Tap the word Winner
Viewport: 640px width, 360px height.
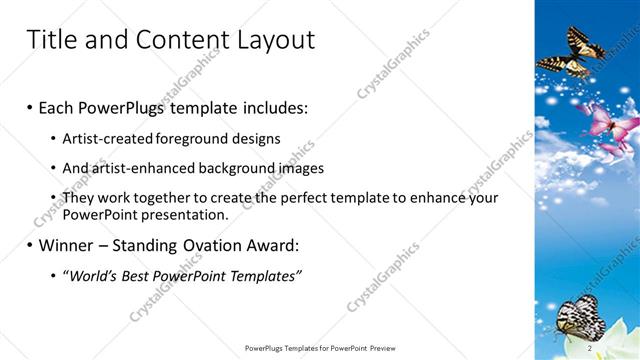[64, 245]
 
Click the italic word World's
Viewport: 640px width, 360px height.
[93, 276]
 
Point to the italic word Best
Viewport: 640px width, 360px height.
[144, 276]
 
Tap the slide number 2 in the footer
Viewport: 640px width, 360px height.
[591, 349]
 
